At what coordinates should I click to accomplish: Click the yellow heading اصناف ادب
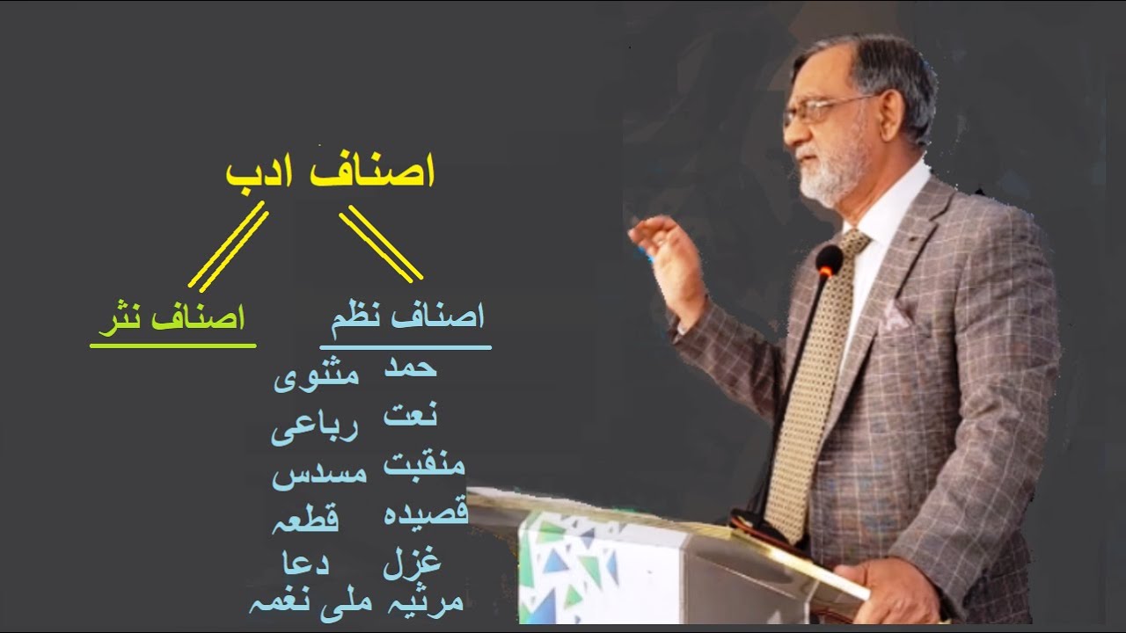331,172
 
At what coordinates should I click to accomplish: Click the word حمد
411,368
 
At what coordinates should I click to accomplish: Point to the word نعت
411,414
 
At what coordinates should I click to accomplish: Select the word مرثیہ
424,602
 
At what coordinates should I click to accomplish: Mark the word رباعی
313,430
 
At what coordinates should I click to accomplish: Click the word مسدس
318,476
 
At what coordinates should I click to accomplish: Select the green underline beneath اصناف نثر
172,345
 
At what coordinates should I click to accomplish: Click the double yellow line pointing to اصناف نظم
381,244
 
